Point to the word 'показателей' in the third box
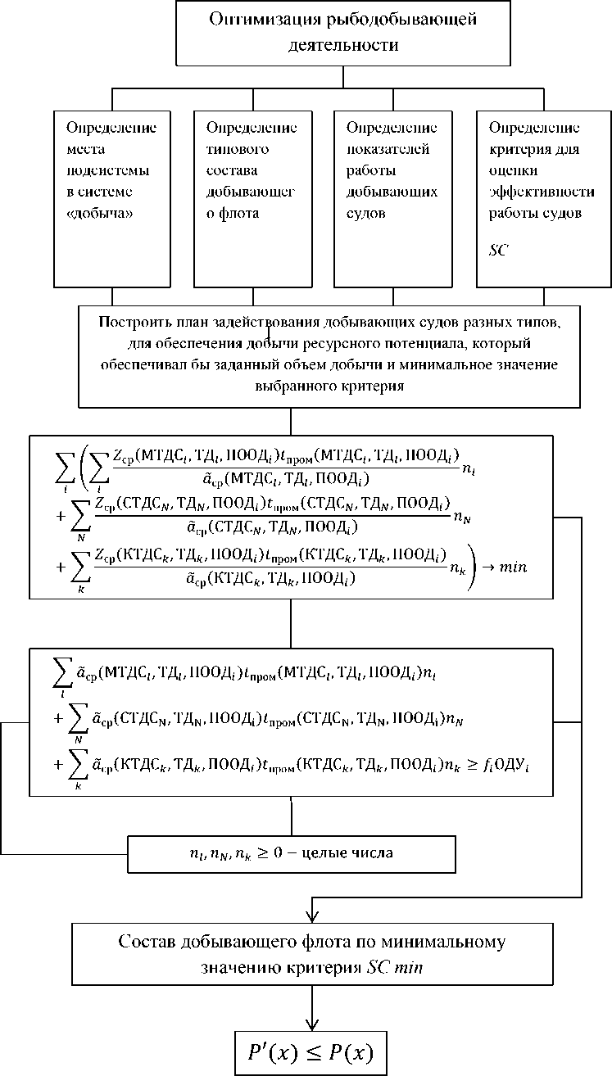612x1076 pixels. point(382,149)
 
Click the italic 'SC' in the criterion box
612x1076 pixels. point(497,250)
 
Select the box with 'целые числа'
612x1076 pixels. point(291,853)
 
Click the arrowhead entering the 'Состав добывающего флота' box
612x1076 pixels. point(312,916)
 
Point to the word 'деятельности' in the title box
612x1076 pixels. point(343,45)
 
